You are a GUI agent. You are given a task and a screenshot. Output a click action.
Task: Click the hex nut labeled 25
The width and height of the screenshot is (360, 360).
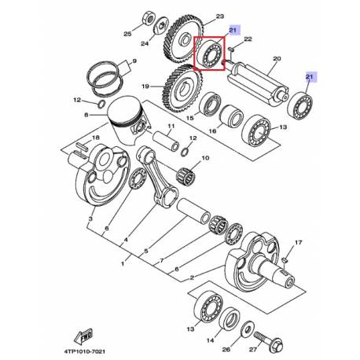[149, 18]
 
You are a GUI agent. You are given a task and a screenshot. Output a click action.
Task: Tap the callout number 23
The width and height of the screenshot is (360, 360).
[220, 17]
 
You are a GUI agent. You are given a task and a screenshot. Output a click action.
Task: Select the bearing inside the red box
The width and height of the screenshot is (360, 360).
[210, 54]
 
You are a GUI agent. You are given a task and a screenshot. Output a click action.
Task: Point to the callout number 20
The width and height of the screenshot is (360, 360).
[277, 58]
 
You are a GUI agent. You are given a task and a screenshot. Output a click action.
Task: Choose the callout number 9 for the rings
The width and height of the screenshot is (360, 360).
[134, 61]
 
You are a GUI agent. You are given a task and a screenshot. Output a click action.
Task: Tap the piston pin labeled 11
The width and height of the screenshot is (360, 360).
[166, 141]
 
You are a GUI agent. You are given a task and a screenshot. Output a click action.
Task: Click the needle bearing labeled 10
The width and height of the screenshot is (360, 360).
[186, 174]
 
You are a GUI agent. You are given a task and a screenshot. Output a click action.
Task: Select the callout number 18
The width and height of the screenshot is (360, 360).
[96, 138]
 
